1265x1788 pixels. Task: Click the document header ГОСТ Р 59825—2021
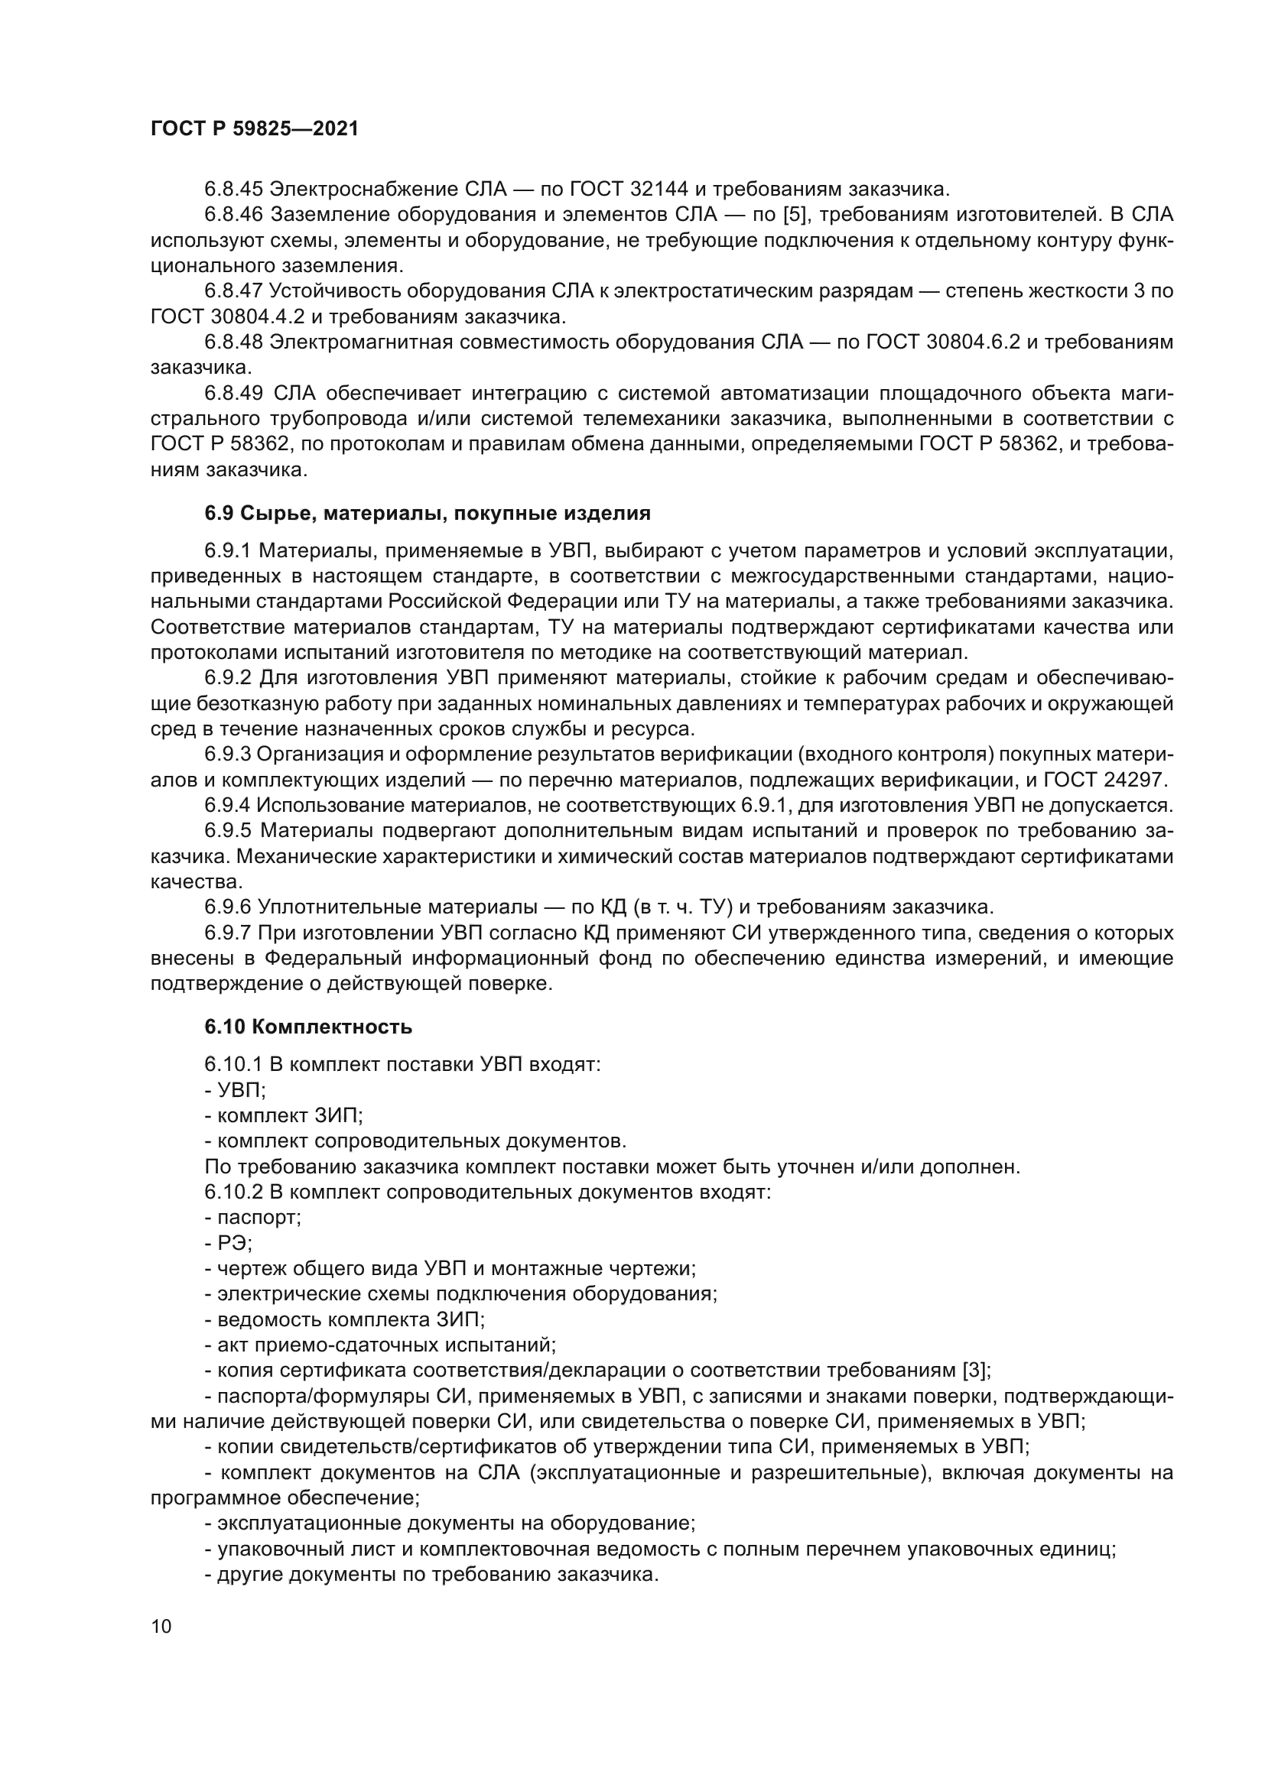click(x=255, y=129)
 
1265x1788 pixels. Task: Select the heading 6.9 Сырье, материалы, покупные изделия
click(x=427, y=513)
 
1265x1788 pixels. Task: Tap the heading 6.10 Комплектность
click(x=307, y=1027)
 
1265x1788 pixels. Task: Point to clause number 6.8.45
click(x=234, y=190)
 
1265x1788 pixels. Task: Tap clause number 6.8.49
click(x=234, y=393)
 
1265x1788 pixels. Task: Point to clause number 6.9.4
click(x=228, y=805)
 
